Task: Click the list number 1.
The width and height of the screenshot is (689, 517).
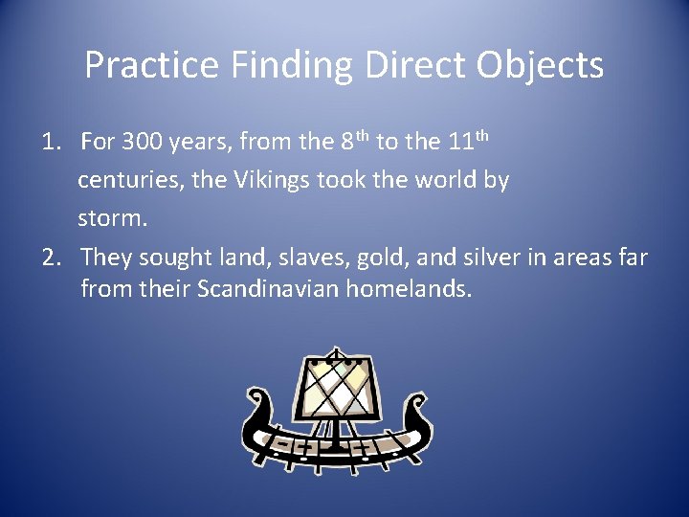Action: click(x=47, y=144)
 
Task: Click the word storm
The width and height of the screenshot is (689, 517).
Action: click(x=111, y=218)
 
